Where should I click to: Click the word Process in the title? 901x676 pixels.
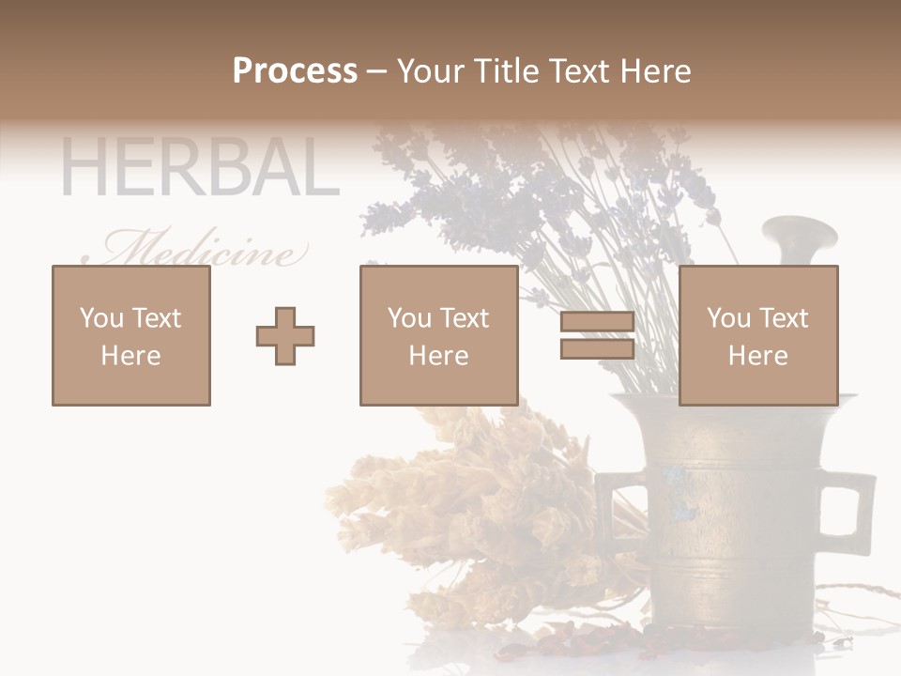tap(295, 71)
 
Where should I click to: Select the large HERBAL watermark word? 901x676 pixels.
tap(199, 168)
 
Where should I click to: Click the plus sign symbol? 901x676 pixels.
tap(285, 336)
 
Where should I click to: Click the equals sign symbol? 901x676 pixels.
tap(597, 336)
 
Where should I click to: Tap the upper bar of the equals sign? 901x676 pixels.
tap(597, 323)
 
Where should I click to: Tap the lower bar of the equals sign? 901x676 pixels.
tap(597, 349)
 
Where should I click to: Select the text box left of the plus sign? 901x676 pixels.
tap(131, 336)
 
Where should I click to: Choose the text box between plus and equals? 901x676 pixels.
tap(439, 336)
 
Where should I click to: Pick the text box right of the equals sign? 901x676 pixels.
tap(758, 336)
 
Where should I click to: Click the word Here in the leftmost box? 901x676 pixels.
tap(131, 356)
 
